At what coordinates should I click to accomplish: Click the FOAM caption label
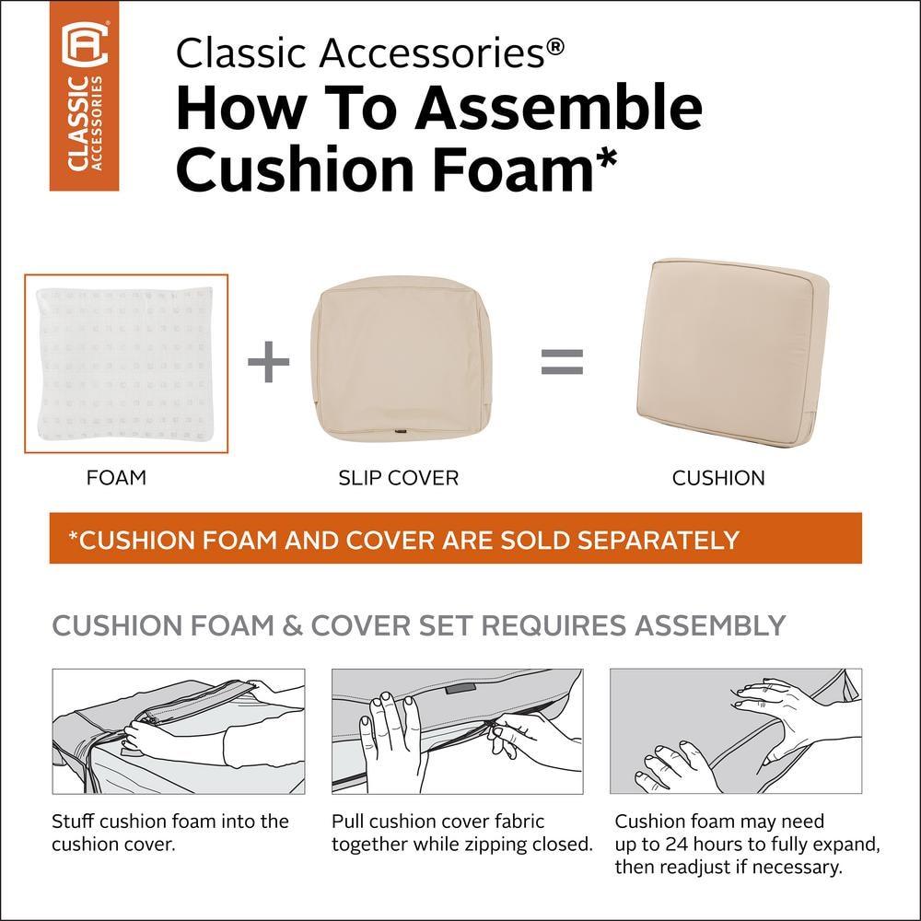(x=116, y=478)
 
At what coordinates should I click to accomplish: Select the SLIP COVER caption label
(x=398, y=478)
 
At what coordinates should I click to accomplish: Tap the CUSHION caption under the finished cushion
(x=718, y=478)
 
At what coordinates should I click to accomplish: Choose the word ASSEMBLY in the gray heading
(x=708, y=625)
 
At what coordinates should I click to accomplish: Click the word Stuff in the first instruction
(x=75, y=822)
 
